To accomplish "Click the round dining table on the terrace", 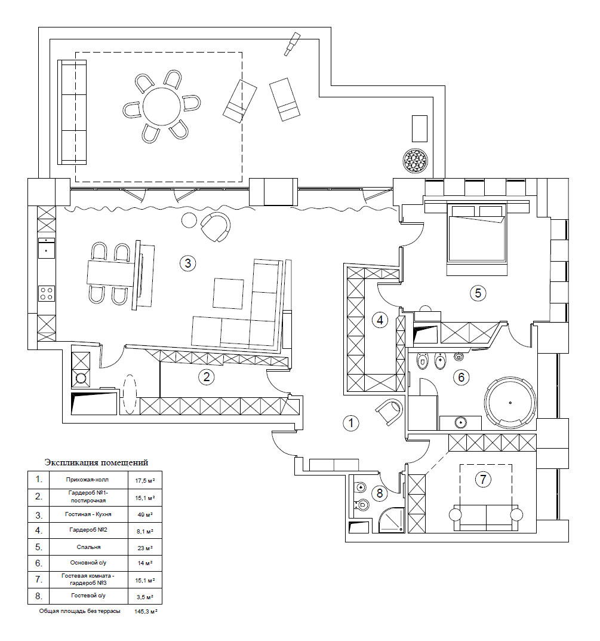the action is (162, 106).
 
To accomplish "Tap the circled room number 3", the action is (188, 263).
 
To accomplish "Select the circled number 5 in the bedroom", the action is (478, 293).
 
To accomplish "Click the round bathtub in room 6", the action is (510, 403).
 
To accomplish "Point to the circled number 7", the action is (483, 479).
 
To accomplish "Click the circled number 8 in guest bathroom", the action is (380, 493).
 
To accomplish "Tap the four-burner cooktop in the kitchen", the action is (47, 293).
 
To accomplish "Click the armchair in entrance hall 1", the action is (389, 412).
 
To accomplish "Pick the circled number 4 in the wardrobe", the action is (380, 320).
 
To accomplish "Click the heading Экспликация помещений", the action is (96, 463).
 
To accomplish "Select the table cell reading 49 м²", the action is (145, 515).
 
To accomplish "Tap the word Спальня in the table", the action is (88, 547).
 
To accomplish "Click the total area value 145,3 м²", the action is (146, 612).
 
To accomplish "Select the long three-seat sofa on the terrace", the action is (72, 112).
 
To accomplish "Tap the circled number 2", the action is (206, 377).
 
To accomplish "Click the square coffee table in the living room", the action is (228, 293).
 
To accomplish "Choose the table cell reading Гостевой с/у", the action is (88, 596).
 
